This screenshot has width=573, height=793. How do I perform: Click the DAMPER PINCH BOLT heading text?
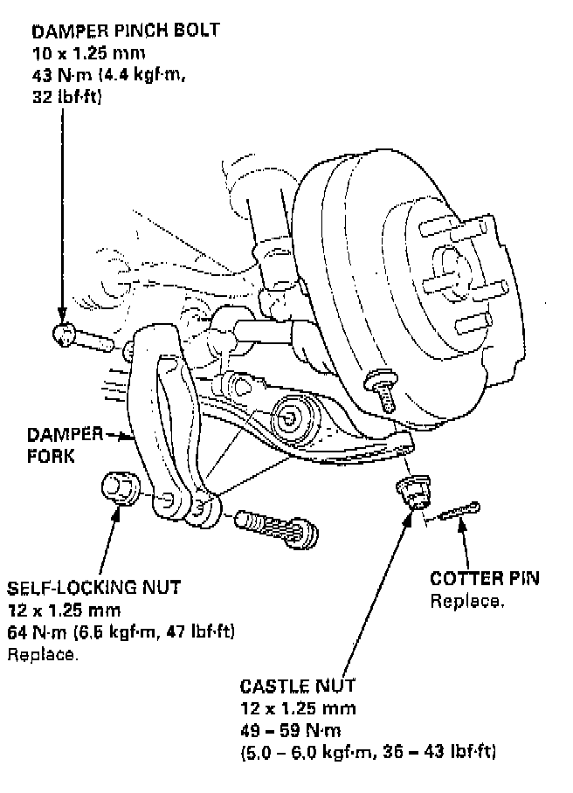[125, 31]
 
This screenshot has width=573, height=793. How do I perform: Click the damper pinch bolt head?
[64, 334]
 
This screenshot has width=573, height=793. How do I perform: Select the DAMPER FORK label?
[61, 444]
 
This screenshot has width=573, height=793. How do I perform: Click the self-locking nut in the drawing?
[119, 489]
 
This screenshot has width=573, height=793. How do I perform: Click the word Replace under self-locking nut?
[42, 653]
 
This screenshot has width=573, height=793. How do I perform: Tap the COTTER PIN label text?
[485, 579]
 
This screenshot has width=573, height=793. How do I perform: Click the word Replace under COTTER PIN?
[466, 602]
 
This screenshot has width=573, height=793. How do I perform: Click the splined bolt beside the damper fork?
[280, 528]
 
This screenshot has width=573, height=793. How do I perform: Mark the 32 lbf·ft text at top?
[67, 97]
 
